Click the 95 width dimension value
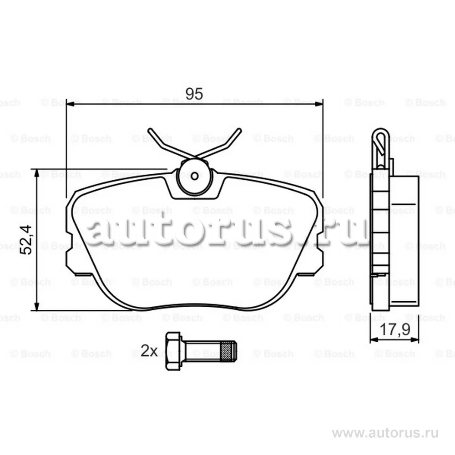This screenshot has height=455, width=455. [x=194, y=94]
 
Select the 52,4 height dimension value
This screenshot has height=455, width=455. [x=26, y=240]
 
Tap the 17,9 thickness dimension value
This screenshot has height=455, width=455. [x=394, y=329]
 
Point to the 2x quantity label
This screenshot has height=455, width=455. [x=149, y=351]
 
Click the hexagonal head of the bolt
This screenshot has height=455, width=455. [x=173, y=351]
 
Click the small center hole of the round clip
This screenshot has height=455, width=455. [x=195, y=176]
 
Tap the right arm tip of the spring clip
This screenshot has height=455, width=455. [x=239, y=130]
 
